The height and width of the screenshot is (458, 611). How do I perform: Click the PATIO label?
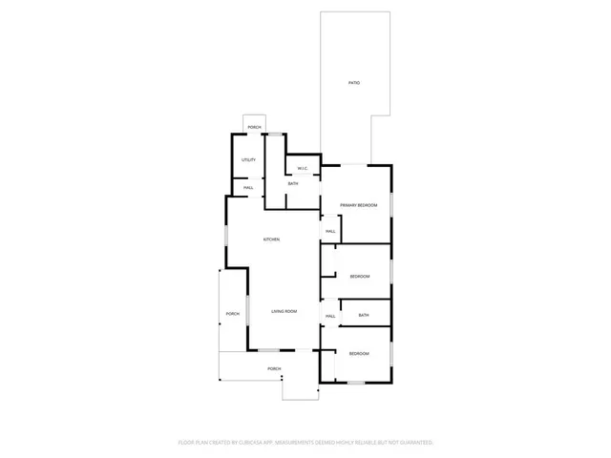(x=353, y=84)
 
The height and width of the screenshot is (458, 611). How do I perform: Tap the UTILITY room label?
(x=248, y=159)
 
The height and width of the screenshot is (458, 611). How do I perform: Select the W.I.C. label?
(x=302, y=169)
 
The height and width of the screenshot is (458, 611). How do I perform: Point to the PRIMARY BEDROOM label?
(x=359, y=206)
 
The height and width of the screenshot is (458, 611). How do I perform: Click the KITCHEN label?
(x=272, y=239)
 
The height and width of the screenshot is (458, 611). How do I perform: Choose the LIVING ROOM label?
(x=284, y=311)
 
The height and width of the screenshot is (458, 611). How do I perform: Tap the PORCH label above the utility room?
(x=254, y=127)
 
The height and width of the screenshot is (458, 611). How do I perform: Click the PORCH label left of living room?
(x=232, y=314)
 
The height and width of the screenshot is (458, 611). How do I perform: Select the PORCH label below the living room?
(x=274, y=368)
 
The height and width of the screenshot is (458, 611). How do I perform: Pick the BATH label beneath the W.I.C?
(x=293, y=183)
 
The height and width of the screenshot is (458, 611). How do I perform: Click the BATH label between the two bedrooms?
(x=364, y=315)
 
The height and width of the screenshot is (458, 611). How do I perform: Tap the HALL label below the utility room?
(x=247, y=188)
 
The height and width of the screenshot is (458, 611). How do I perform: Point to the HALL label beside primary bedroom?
(x=330, y=232)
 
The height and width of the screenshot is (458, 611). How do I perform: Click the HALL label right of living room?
(x=330, y=316)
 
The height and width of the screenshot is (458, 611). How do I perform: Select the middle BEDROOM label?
(x=359, y=277)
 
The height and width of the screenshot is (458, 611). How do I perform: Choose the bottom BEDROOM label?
(x=358, y=354)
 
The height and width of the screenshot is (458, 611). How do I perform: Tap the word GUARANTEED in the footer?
(x=415, y=443)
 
